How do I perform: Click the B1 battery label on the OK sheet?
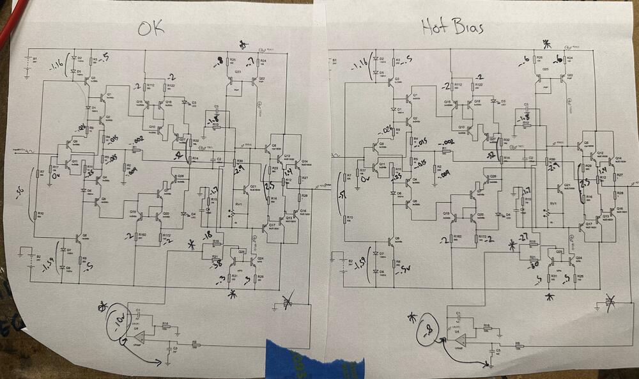coord(35,59)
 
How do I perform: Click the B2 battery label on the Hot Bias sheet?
coord(350,261)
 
